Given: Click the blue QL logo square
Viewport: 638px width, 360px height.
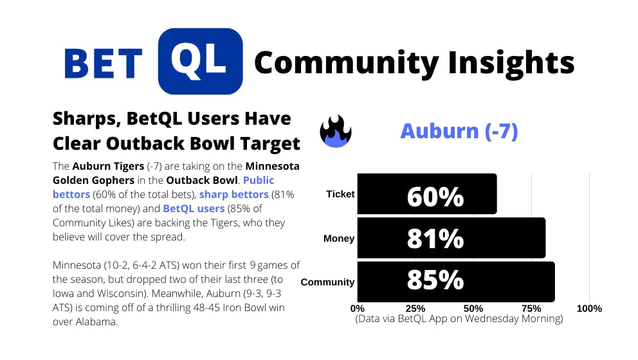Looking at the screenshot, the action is coord(200,62).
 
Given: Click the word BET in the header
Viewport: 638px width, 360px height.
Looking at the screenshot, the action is coord(104,64).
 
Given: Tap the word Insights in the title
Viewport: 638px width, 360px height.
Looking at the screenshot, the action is coord(511,64).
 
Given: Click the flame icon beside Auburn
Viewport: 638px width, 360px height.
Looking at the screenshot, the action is coord(336,131).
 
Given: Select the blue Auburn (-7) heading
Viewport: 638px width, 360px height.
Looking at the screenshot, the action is coord(459,131).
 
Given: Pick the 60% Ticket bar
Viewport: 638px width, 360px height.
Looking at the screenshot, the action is coord(427,194).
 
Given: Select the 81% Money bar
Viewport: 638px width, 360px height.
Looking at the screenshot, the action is coord(451,238).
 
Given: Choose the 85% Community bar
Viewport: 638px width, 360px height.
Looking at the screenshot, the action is coord(456,282).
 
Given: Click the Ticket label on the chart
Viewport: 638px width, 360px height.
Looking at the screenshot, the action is coord(340,194).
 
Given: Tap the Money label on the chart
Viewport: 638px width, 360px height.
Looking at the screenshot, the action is coord(339,239).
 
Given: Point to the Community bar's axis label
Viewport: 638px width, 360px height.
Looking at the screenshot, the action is coord(327,282).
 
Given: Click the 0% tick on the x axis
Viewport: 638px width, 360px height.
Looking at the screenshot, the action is coord(357,309).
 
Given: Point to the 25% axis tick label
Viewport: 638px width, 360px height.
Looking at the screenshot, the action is coord(415,309).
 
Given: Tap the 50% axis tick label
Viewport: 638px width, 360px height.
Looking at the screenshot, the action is coord(473,309).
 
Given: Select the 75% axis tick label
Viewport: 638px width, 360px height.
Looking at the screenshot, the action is coord(531,309).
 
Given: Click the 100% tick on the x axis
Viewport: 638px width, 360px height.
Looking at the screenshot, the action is coord(589,309).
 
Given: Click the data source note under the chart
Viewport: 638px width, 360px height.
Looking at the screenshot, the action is coord(459,318).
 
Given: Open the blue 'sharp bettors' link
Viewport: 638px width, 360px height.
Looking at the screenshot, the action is coord(234,194).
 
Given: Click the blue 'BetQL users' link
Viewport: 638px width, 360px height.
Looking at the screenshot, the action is coord(194,208).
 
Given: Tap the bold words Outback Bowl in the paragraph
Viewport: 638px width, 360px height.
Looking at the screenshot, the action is coord(202,180).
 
